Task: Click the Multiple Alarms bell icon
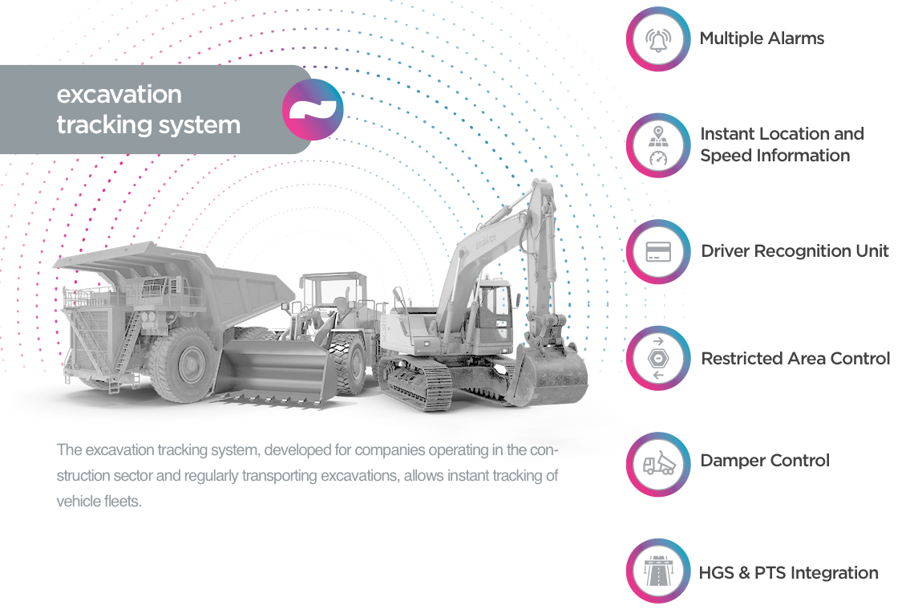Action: [x=658, y=39]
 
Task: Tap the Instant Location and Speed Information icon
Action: [x=658, y=145]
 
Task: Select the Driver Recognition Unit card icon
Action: [x=658, y=252]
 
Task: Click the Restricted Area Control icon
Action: [x=658, y=359]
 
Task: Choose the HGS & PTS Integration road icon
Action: [x=658, y=571]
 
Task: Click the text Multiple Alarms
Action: [x=762, y=39]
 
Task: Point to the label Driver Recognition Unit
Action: [x=795, y=251]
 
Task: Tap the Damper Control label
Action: [x=765, y=461]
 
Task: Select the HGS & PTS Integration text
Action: [x=788, y=573]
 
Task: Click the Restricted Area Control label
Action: [x=795, y=359]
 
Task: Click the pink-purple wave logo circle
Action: [x=313, y=110]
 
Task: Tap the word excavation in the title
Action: [x=119, y=95]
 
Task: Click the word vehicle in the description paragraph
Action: [x=78, y=502]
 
